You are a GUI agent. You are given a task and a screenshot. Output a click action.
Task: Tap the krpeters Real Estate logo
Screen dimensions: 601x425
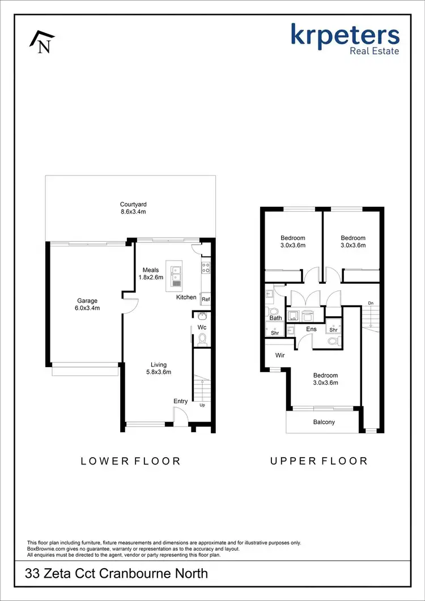pyautogui.click(x=346, y=39)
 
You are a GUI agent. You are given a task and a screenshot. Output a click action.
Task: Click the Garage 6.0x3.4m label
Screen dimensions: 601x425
pyautogui.click(x=88, y=304)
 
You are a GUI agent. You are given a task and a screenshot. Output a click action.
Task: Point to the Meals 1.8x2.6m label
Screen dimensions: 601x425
pyautogui.click(x=151, y=274)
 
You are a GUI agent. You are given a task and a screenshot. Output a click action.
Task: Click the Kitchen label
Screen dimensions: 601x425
pyautogui.click(x=186, y=297)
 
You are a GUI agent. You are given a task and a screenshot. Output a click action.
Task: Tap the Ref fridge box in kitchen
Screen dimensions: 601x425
pyautogui.click(x=206, y=300)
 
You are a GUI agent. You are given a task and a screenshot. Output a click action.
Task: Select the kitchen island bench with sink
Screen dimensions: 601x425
pyautogui.click(x=176, y=274)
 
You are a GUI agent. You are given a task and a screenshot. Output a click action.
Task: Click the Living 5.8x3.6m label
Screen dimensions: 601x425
pyautogui.click(x=158, y=368)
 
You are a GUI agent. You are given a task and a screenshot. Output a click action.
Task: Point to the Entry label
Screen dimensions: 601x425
pyautogui.click(x=180, y=401)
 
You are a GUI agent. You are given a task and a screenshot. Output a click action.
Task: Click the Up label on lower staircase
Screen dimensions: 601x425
pyautogui.click(x=202, y=405)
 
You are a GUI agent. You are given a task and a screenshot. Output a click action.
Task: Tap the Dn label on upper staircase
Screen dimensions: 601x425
pyautogui.click(x=371, y=303)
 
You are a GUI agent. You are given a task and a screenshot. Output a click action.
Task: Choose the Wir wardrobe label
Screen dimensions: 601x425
pyautogui.click(x=279, y=356)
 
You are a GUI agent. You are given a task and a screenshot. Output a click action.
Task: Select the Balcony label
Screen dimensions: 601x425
pyautogui.click(x=324, y=422)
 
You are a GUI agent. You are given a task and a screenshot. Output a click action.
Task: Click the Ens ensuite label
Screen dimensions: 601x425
pyautogui.click(x=311, y=329)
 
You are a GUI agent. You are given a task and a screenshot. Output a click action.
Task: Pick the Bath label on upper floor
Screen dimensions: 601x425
pyautogui.click(x=275, y=318)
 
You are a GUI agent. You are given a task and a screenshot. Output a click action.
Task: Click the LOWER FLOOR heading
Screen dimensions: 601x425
pyautogui.click(x=130, y=461)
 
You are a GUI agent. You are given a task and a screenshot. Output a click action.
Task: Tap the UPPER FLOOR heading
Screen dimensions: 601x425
pyautogui.click(x=318, y=461)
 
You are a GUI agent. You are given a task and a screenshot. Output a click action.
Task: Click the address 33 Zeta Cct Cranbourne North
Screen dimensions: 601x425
pyautogui.click(x=117, y=573)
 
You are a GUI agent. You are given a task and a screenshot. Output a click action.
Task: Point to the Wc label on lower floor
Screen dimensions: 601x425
pyautogui.click(x=202, y=327)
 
